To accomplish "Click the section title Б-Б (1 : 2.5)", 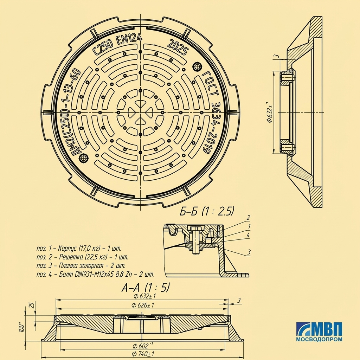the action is pos(207,211).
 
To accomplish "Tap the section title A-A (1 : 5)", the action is pos(146,287).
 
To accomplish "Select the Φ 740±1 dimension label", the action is pos(143,354).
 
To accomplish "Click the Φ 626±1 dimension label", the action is pos(143,305).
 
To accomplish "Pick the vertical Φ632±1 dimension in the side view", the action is pos(269,112).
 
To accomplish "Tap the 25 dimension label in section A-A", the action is pos(32,305).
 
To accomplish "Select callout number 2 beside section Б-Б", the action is pos(248,217).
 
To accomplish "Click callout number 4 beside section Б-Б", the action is pos(248,235).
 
